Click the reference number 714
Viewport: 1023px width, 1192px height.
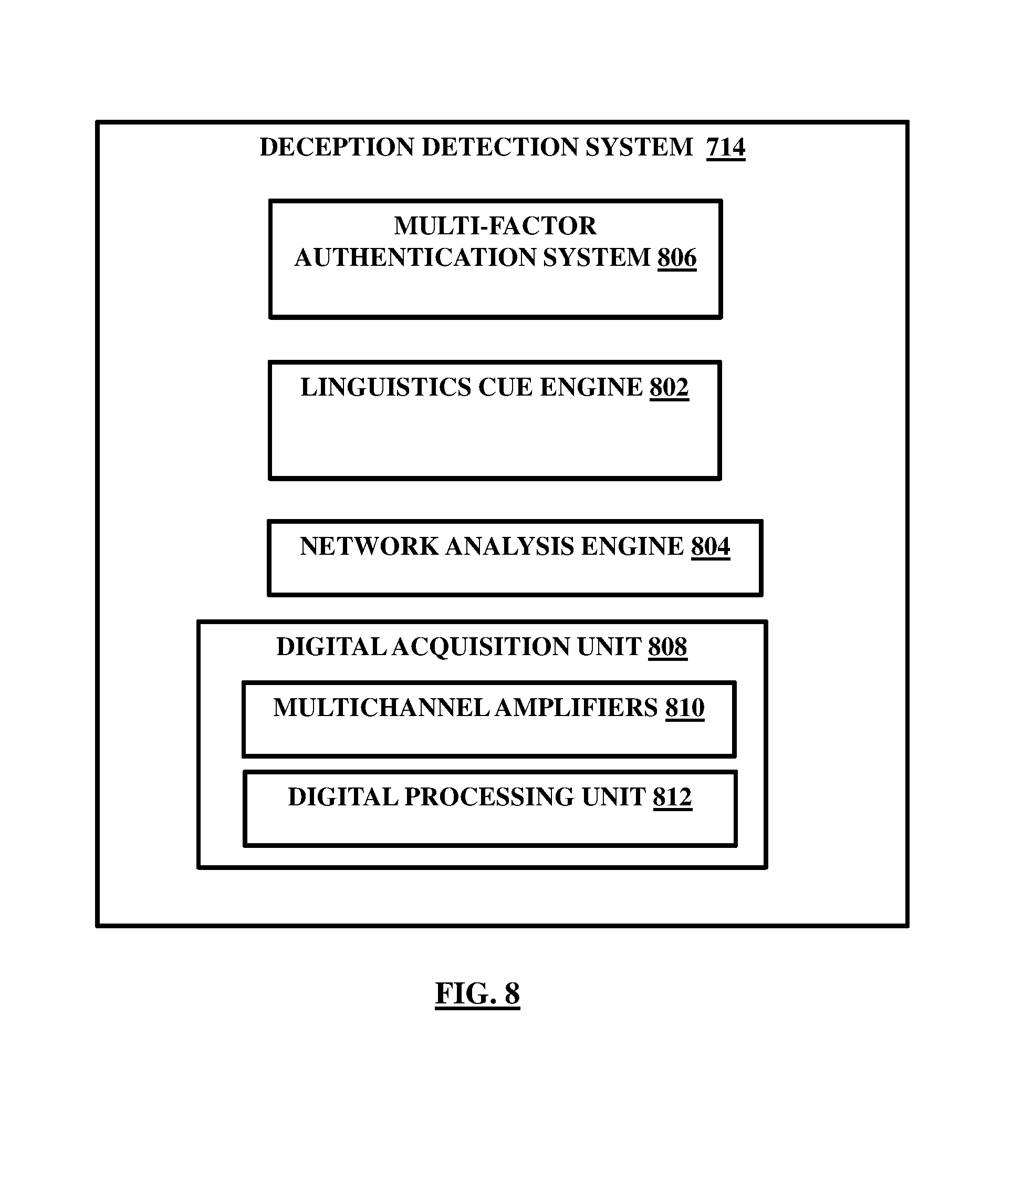pos(726,147)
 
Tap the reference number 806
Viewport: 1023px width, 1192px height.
pos(677,258)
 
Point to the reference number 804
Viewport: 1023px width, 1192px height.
pos(711,546)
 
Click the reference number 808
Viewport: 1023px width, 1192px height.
pos(667,647)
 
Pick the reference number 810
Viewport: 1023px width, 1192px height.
pos(685,708)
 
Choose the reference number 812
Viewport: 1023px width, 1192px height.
pos(672,797)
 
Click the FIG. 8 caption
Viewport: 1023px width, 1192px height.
pos(477,993)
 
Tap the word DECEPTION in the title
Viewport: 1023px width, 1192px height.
pos(337,147)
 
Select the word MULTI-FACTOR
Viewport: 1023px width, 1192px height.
pos(495,226)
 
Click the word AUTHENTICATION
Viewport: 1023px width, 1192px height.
pos(414,258)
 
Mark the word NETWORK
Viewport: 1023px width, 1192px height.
pos(369,546)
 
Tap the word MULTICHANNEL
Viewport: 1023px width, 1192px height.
pos(381,708)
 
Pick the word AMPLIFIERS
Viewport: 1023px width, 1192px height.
pos(576,708)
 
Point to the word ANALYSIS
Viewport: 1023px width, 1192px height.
pos(509,546)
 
